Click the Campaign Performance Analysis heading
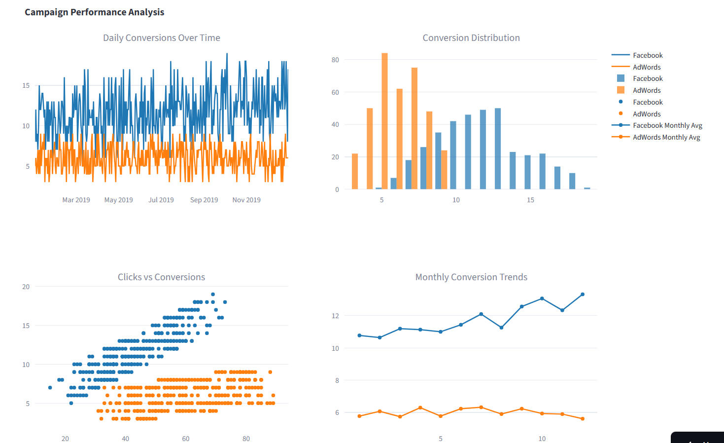point(94,12)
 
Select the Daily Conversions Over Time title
point(161,38)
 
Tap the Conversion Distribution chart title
point(471,38)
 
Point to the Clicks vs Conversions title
point(161,277)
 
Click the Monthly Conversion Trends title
point(471,277)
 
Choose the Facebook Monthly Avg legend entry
point(667,125)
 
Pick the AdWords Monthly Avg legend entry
point(666,137)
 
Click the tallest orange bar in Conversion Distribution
point(384,121)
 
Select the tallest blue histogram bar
point(498,148)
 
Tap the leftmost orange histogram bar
point(355,171)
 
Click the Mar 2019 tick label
point(76,200)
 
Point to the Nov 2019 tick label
point(246,200)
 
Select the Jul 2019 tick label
point(161,200)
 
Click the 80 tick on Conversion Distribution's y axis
point(335,60)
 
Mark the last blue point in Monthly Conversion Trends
point(583,295)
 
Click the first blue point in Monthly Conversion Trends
point(359,335)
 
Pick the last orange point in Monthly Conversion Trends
point(583,419)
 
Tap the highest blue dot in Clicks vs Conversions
point(213,294)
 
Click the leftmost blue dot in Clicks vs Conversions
point(50,388)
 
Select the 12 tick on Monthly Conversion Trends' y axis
point(335,316)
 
